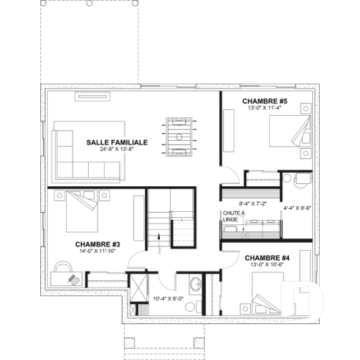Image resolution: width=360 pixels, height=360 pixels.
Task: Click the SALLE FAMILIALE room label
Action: pyautogui.click(x=117, y=142)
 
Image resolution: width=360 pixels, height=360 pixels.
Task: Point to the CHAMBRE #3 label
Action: pyautogui.click(x=98, y=243)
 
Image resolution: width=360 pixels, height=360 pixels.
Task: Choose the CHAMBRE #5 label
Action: pyautogui.click(x=264, y=100)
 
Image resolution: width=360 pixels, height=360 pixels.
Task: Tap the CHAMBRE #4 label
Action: pyautogui.click(x=268, y=257)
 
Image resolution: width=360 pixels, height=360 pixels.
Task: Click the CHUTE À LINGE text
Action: pyautogui.click(x=232, y=216)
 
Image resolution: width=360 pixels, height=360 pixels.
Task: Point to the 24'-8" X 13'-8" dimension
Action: pyautogui.click(x=117, y=150)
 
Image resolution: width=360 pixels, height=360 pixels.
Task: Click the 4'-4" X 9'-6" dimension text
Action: pyautogui.click(x=298, y=207)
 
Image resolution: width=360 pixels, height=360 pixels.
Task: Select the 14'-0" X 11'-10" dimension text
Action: pyautogui.click(x=98, y=251)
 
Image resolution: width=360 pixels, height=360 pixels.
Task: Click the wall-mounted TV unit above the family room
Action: pyautogui.click(x=92, y=95)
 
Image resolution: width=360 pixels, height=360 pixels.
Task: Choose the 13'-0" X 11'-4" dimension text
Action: pyautogui.click(x=264, y=107)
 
